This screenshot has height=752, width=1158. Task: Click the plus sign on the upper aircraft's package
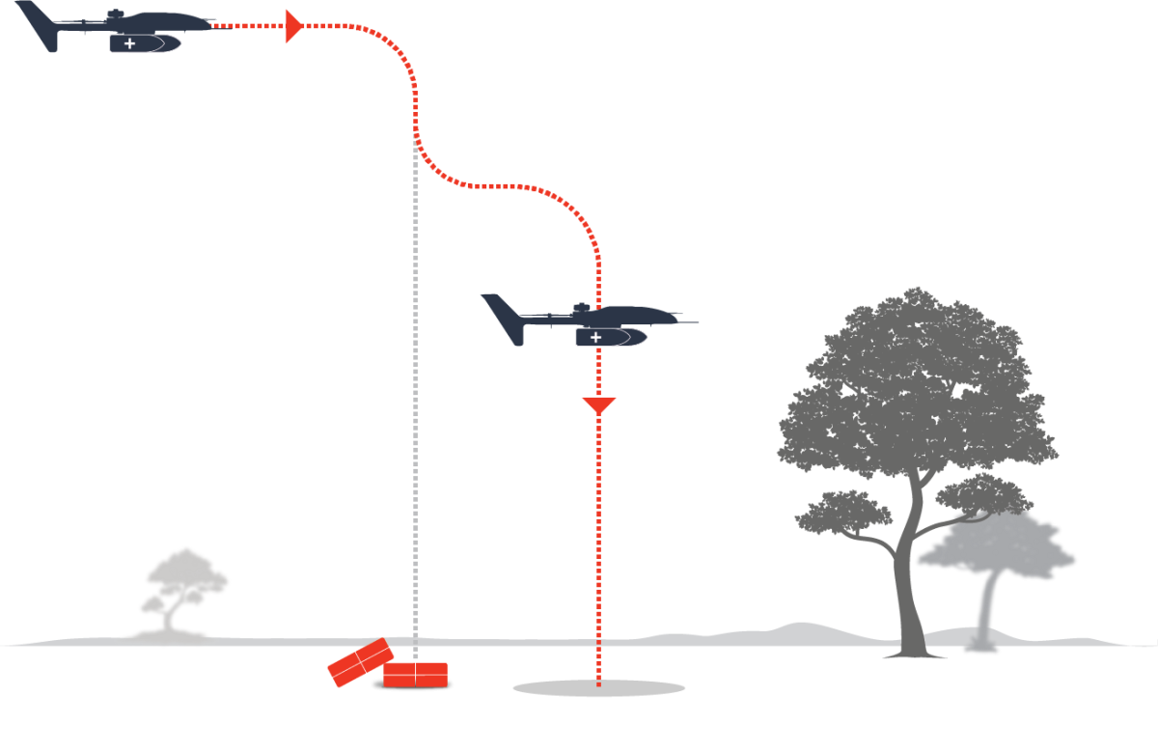(130, 43)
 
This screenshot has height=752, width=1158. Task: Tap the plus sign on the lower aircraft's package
(595, 337)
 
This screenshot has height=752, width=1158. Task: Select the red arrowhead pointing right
(293, 26)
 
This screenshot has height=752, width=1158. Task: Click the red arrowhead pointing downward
(598, 405)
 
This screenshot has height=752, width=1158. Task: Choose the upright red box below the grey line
(415, 675)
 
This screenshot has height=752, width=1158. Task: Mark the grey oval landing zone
(598, 688)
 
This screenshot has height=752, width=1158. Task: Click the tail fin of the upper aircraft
(39, 24)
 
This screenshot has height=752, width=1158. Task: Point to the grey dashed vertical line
(415, 386)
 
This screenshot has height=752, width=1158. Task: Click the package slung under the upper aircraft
(146, 43)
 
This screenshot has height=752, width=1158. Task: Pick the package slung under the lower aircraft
(612, 337)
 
